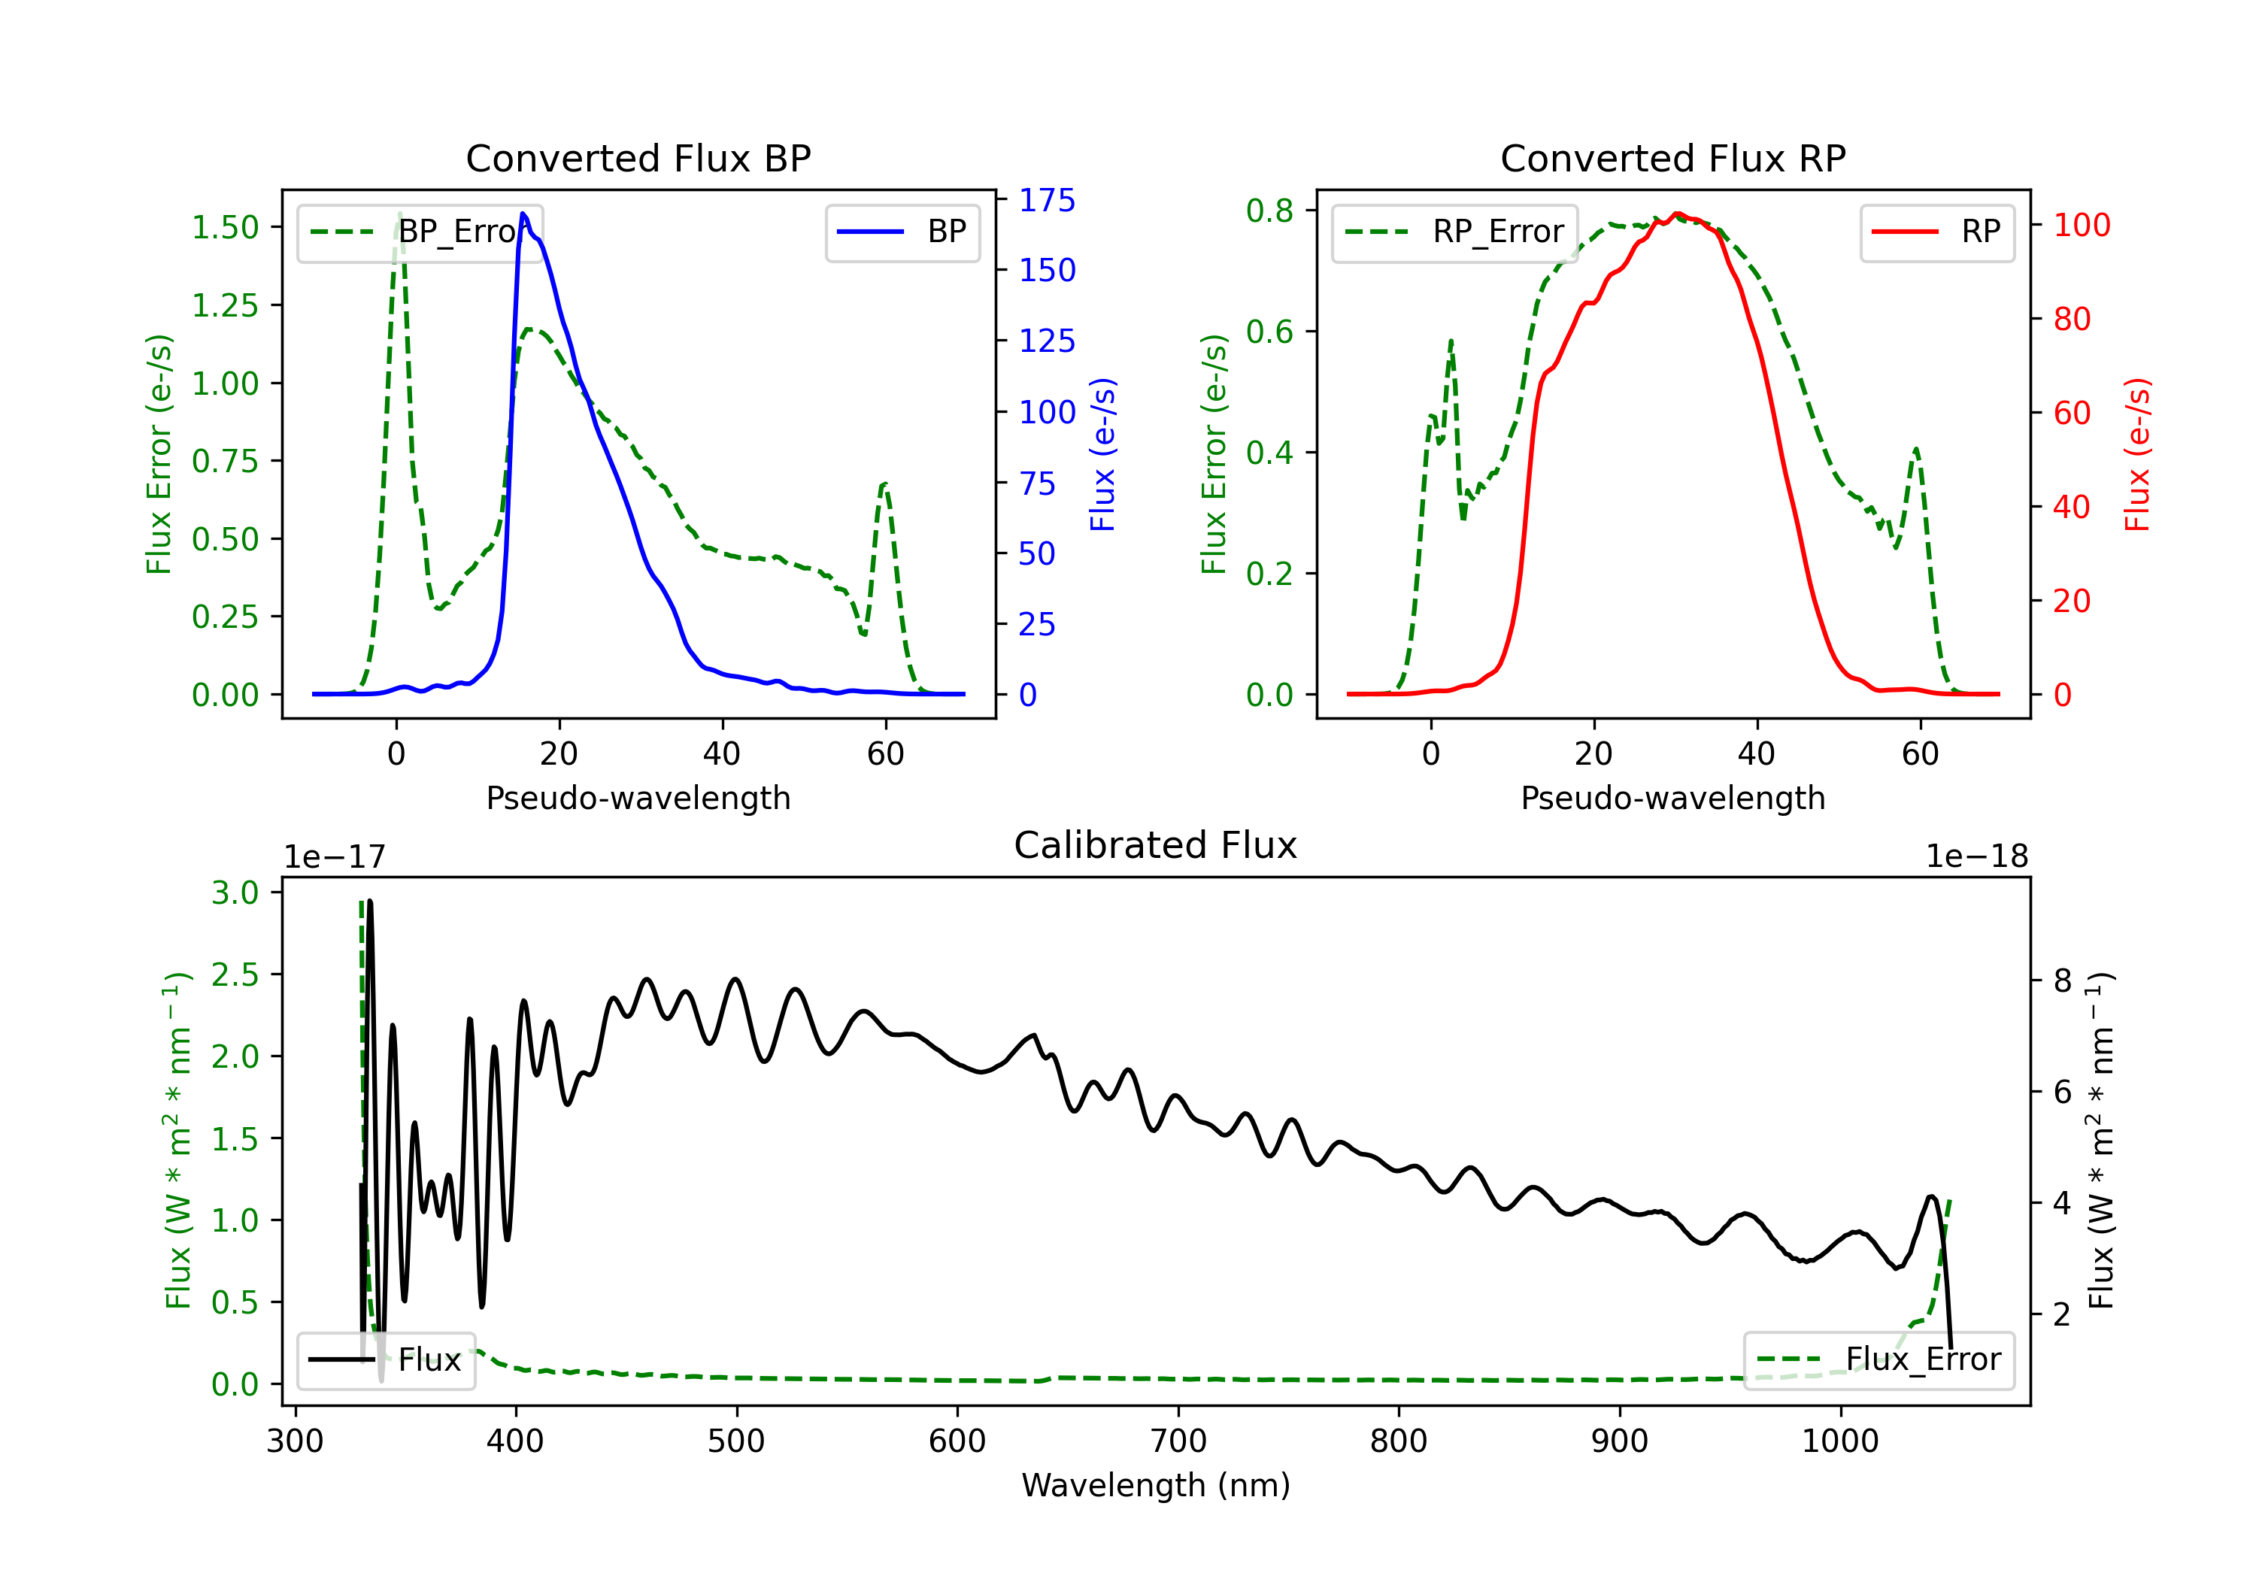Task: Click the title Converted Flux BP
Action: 638,158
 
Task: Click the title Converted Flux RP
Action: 1672,158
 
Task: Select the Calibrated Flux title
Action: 1156,845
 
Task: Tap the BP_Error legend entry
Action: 420,232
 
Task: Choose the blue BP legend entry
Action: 902,232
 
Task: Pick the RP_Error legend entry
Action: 1454,232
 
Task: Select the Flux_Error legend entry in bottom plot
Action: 1878,1360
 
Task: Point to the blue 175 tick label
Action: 1047,201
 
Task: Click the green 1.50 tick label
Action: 225,227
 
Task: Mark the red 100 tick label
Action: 2082,225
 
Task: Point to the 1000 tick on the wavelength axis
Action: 1840,1441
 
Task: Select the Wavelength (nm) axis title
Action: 1156,1486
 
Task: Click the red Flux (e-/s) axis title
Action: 2137,454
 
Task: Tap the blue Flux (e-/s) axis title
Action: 1102,454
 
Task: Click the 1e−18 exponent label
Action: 1977,857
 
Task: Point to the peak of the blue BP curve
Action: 523,214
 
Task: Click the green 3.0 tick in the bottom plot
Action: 235,893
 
